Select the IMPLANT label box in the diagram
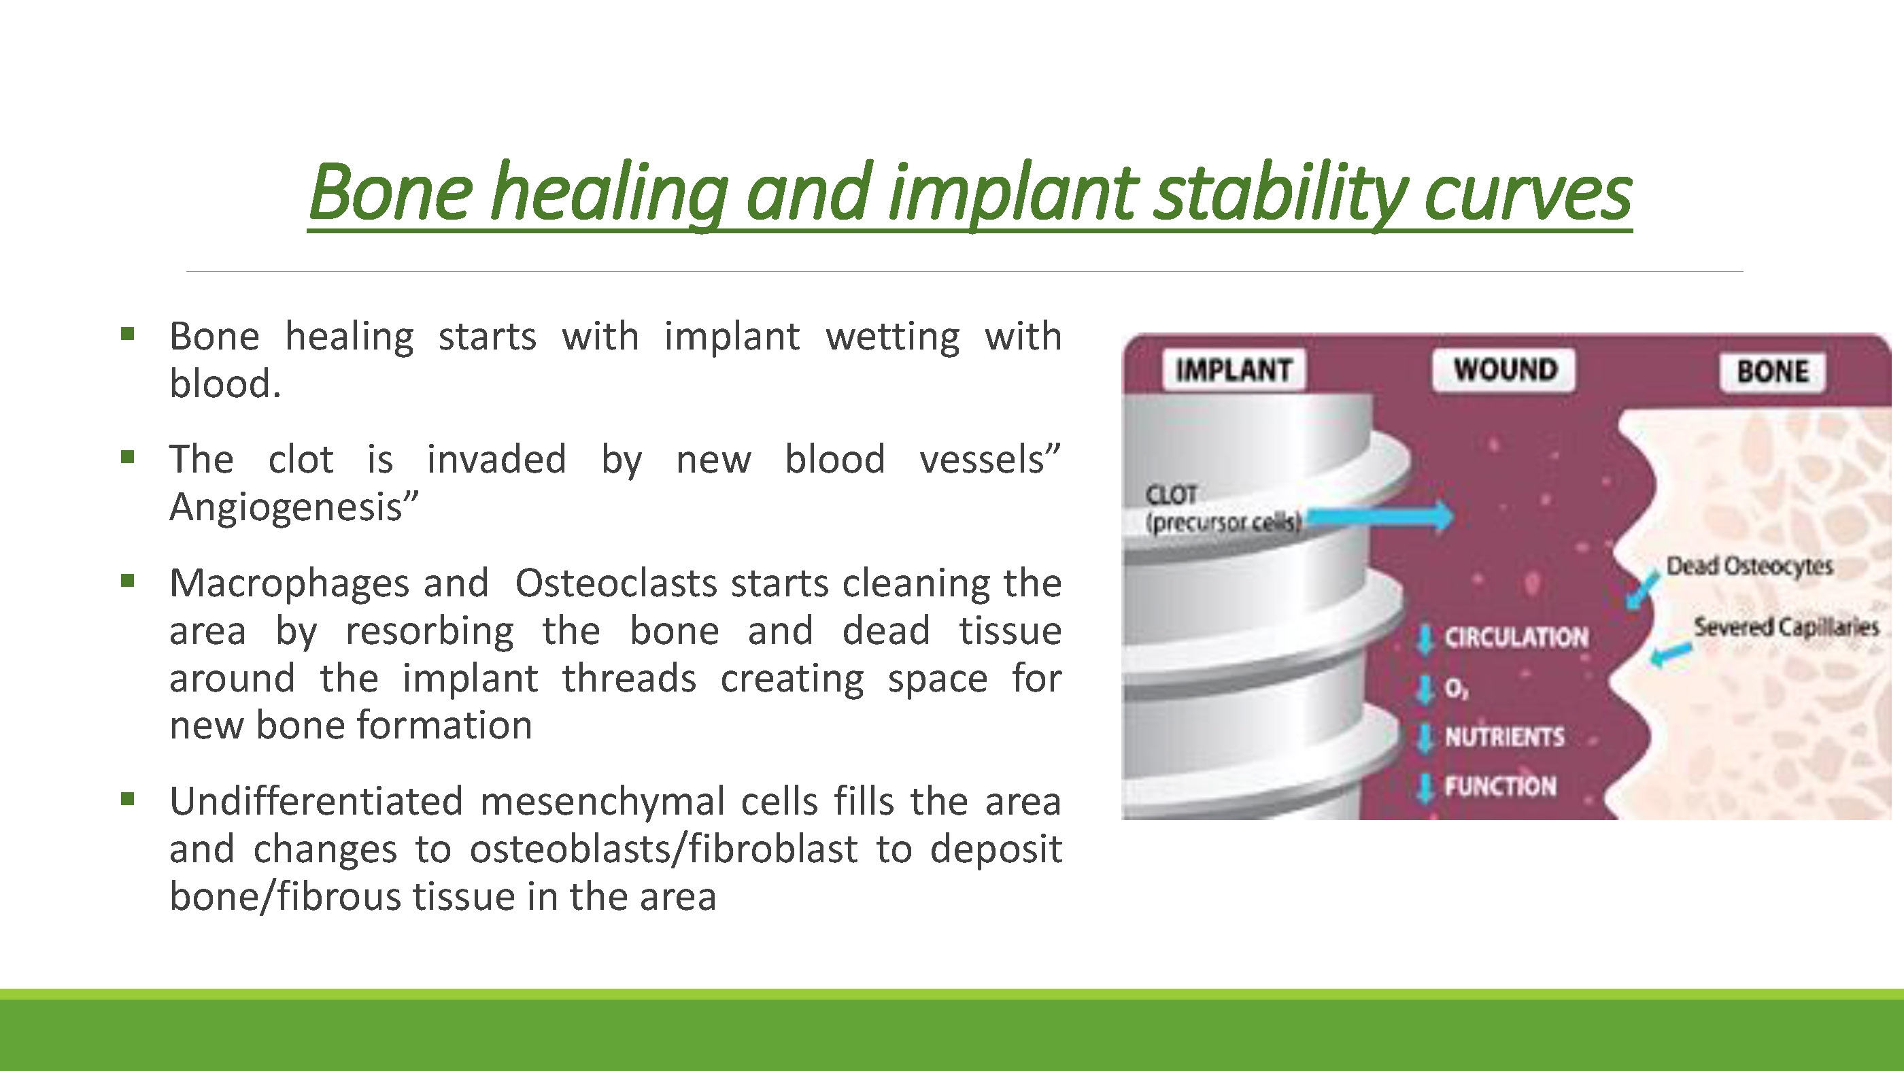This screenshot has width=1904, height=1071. coord(1234,369)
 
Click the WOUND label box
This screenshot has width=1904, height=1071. coord(1505,369)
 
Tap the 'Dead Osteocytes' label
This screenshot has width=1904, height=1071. coord(1750,566)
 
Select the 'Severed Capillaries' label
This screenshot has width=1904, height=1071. coord(1786,628)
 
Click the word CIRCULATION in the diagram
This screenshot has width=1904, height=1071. coord(1516,637)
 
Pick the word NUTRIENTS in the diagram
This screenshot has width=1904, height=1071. coord(1505,736)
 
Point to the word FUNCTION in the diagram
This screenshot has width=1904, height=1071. coord(1501,785)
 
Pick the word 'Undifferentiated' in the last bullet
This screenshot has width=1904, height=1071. coord(316,800)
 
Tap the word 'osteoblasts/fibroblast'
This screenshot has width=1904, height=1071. coord(664,849)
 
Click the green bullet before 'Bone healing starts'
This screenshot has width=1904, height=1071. coord(128,333)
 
